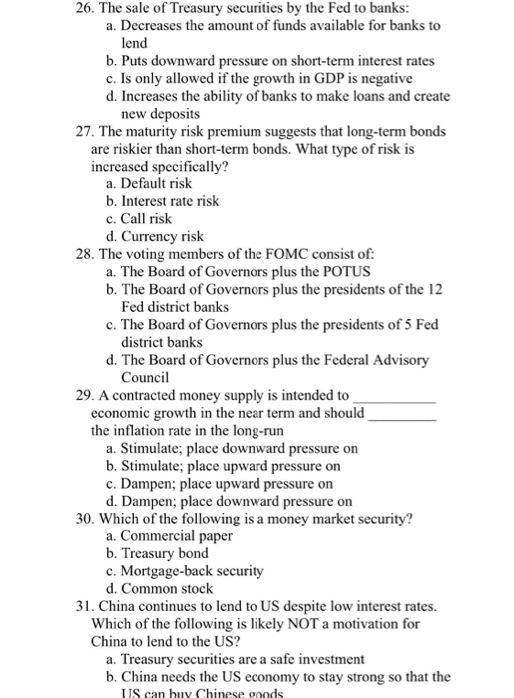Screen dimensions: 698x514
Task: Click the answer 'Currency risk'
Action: pos(162,237)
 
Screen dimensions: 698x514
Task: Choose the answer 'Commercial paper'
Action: pos(176,535)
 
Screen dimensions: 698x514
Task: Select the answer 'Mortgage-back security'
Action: pos(191,571)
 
